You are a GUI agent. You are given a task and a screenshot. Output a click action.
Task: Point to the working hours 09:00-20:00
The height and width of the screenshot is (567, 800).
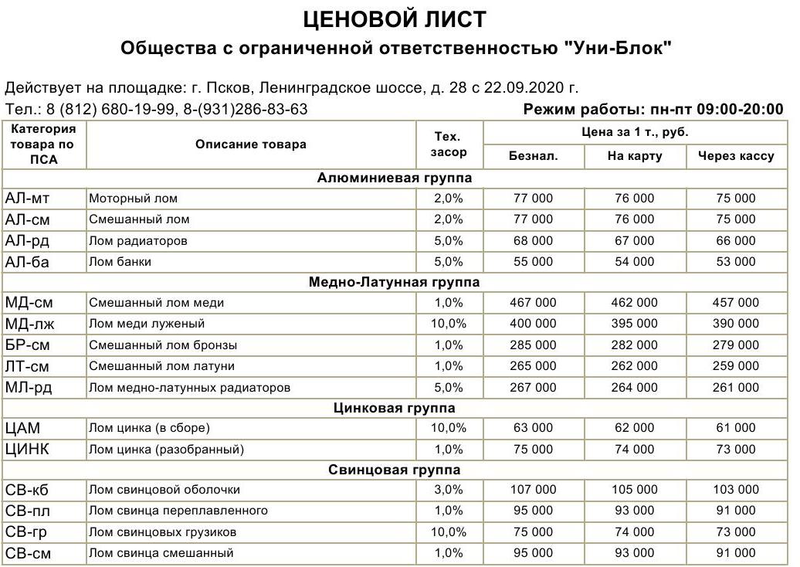(740, 109)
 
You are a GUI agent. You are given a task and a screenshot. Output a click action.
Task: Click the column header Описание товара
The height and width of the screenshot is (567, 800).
(250, 144)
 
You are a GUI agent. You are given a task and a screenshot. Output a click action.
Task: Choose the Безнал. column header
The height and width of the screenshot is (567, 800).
(533, 156)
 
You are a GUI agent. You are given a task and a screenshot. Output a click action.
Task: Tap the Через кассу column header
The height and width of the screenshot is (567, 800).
(735, 156)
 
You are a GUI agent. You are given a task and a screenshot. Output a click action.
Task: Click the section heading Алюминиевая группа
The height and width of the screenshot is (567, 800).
(395, 178)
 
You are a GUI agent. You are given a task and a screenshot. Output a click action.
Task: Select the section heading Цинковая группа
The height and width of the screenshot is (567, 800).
(395, 407)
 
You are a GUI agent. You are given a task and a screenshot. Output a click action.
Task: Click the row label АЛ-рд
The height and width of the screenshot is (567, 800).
(27, 241)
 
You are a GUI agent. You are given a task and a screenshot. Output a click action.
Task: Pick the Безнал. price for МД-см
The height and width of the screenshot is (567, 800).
(533, 303)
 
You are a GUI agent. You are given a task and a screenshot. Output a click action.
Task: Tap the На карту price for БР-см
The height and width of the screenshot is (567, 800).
(634, 345)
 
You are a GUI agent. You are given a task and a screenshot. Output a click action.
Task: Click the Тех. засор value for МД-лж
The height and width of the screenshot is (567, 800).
(449, 324)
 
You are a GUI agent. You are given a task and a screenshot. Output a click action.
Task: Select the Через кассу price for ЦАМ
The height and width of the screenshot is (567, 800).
(735, 428)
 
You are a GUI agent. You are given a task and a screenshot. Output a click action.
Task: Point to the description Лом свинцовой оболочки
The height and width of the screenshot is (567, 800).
(164, 490)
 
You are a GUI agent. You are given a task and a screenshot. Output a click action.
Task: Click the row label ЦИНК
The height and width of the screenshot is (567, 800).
(28, 449)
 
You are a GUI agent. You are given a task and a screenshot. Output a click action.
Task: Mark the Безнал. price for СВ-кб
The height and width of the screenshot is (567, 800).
(533, 490)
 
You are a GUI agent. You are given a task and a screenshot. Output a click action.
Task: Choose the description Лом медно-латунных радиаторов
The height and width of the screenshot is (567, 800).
(189, 387)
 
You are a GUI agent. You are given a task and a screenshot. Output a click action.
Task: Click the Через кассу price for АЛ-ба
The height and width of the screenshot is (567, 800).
(735, 262)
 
